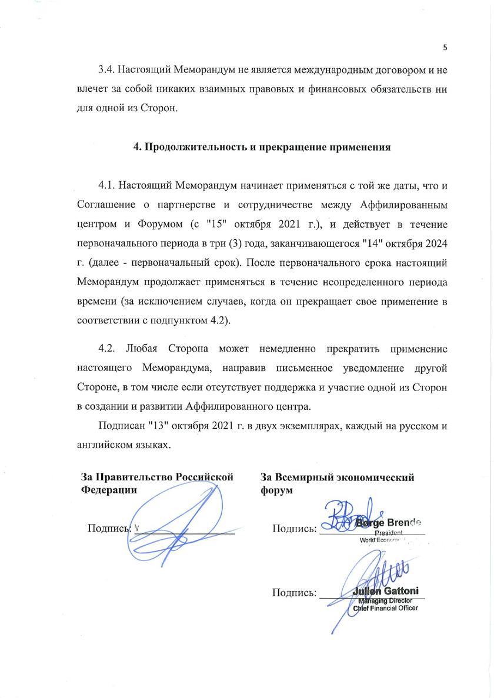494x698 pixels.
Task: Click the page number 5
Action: [x=445, y=48]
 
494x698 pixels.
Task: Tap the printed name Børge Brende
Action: [x=389, y=522]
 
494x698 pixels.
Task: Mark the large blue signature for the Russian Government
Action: [x=176, y=520]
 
